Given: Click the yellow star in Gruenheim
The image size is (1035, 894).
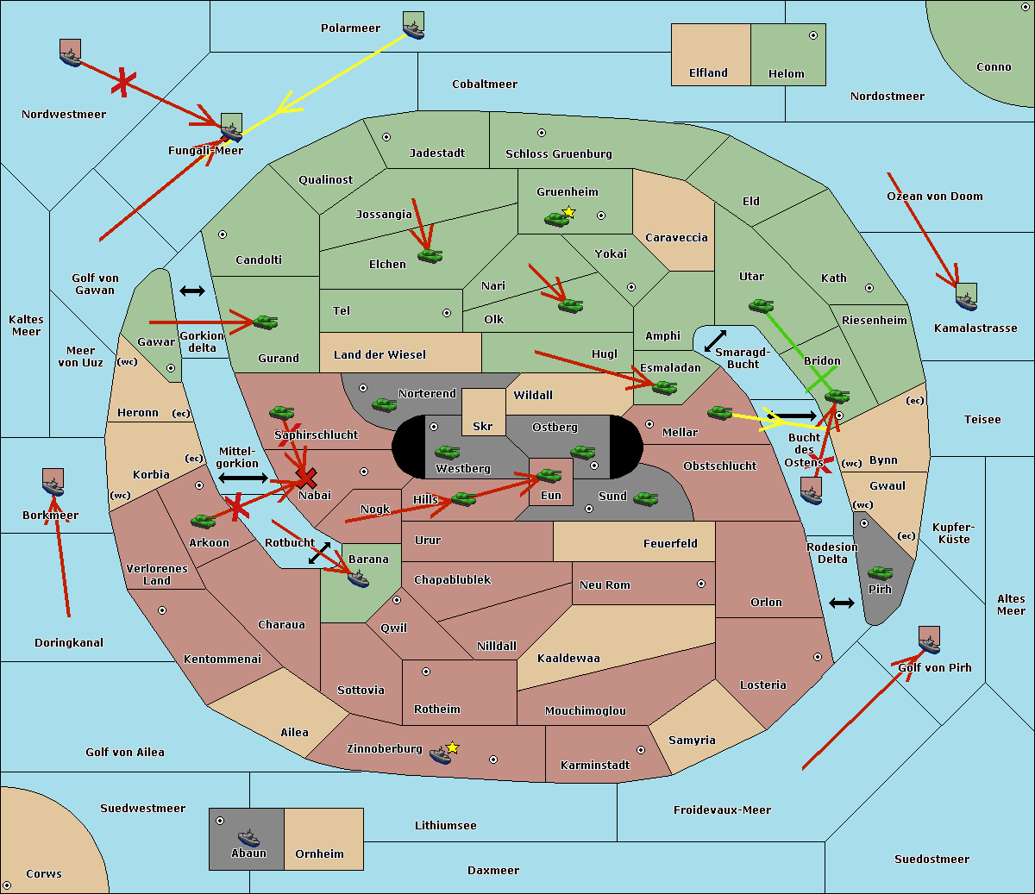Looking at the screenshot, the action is click(569, 212).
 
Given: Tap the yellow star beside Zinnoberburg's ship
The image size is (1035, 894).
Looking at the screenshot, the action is click(452, 747).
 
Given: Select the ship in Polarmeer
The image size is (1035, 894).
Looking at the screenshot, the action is click(413, 26).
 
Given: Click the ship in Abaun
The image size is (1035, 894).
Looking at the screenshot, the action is click(249, 837).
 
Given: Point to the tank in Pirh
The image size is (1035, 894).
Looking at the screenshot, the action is click(881, 572).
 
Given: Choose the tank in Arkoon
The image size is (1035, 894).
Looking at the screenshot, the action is click(204, 521).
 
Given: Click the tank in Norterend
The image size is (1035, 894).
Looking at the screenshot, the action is click(384, 404).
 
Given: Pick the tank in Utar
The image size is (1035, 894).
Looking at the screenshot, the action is click(761, 305).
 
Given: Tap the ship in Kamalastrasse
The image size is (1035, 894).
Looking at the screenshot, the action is click(966, 297).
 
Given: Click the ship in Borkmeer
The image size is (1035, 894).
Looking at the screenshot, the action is click(53, 482).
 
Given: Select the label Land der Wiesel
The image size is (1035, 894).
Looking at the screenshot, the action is click(379, 355).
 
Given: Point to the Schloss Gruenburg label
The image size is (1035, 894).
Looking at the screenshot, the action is click(559, 153).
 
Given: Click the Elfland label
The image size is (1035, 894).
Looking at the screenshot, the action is click(708, 73).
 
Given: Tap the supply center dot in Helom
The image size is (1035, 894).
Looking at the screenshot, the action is click(813, 35).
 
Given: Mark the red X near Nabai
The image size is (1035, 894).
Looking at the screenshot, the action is click(306, 478).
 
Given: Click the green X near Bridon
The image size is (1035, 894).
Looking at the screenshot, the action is click(821, 380).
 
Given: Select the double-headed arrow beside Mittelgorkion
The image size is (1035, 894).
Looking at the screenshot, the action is click(243, 478).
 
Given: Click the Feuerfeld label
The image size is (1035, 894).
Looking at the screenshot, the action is click(670, 544).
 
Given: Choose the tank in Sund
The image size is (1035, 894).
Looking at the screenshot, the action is click(646, 498).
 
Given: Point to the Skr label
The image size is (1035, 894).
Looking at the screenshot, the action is click(483, 427).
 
